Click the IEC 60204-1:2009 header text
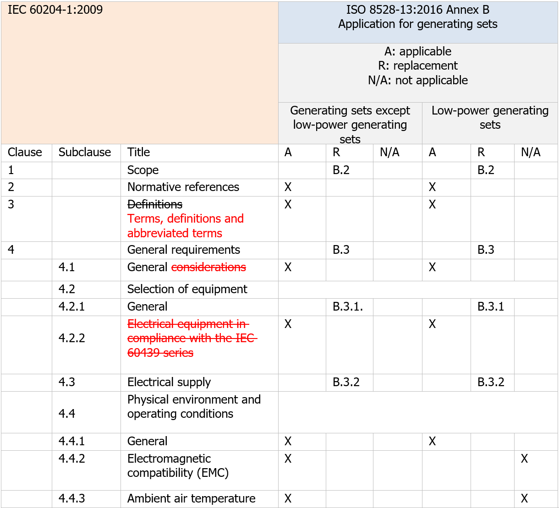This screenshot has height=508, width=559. (55, 10)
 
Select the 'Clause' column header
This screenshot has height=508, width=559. (25, 153)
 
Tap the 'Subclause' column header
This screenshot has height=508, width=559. (85, 153)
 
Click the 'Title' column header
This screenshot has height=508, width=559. (138, 153)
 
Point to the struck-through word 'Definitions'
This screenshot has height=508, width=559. (155, 204)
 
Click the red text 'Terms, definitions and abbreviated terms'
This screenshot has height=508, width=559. (185, 226)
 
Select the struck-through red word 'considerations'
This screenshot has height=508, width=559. (208, 268)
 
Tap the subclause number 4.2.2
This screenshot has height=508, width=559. (72, 339)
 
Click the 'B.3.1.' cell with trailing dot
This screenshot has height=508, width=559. (348, 307)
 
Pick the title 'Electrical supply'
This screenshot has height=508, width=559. (169, 382)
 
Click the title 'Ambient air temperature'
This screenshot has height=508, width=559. (191, 499)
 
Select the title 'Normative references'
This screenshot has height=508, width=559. (183, 187)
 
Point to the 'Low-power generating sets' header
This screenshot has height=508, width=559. (490, 118)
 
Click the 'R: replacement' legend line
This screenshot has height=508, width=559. (418, 66)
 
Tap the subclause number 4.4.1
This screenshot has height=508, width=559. (72, 442)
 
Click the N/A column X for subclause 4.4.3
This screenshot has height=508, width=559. (524, 499)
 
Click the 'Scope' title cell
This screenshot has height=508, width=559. (143, 170)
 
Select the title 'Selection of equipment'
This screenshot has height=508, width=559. (187, 290)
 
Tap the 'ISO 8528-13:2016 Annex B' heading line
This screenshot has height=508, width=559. (418, 10)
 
